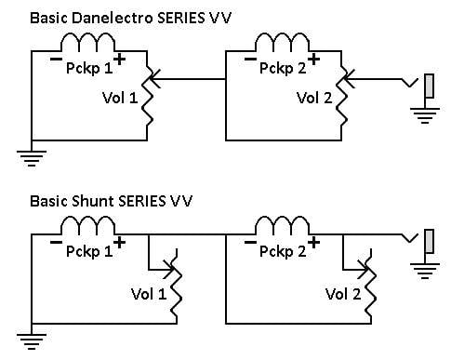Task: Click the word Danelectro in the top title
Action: (113, 18)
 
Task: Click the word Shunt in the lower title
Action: (93, 201)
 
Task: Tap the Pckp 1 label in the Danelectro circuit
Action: (89, 69)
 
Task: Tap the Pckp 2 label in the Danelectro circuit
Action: (283, 69)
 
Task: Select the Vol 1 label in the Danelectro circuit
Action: (120, 98)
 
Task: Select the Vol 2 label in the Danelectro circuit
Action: (314, 98)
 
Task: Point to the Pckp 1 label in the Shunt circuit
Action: (89, 251)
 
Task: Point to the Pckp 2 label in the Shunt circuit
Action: (283, 251)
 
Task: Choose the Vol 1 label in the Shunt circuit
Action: (149, 294)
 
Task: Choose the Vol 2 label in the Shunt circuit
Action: (343, 294)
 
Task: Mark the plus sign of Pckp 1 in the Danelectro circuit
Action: (120, 60)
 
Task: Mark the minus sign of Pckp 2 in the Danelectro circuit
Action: (250, 60)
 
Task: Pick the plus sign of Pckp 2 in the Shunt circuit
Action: (313, 243)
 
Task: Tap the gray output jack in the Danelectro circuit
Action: (429, 86)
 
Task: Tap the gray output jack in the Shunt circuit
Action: (429, 241)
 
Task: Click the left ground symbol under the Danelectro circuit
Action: (32, 158)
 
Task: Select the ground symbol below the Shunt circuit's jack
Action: (425, 271)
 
